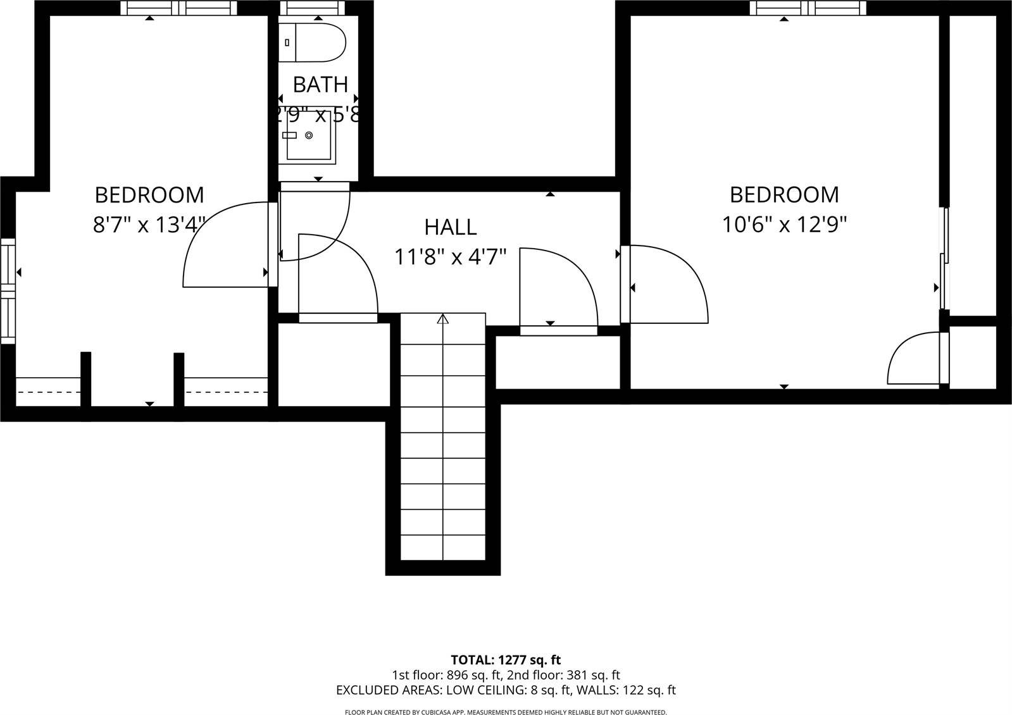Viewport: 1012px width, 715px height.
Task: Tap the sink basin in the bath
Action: pyautogui.click(x=310, y=136)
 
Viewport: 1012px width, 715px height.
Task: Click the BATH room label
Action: pyautogui.click(x=320, y=84)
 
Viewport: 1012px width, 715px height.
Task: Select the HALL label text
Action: pyautogui.click(x=450, y=227)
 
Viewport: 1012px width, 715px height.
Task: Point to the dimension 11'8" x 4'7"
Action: pyautogui.click(x=450, y=257)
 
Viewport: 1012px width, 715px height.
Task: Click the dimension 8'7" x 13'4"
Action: pyautogui.click(x=149, y=225)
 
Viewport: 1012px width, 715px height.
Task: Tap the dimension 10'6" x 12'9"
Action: pyautogui.click(x=784, y=224)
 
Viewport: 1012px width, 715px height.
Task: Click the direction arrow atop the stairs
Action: pyautogui.click(x=442, y=319)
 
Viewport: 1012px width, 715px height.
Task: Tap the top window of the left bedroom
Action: pyautogui.click(x=178, y=8)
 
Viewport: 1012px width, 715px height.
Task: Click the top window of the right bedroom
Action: pyautogui.click(x=808, y=8)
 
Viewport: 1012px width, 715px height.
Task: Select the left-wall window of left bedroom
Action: pyautogui.click(x=8, y=291)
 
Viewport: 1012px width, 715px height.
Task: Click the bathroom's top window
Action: pyautogui.click(x=312, y=8)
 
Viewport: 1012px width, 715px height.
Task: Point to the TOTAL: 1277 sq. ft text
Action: pyautogui.click(x=506, y=660)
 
